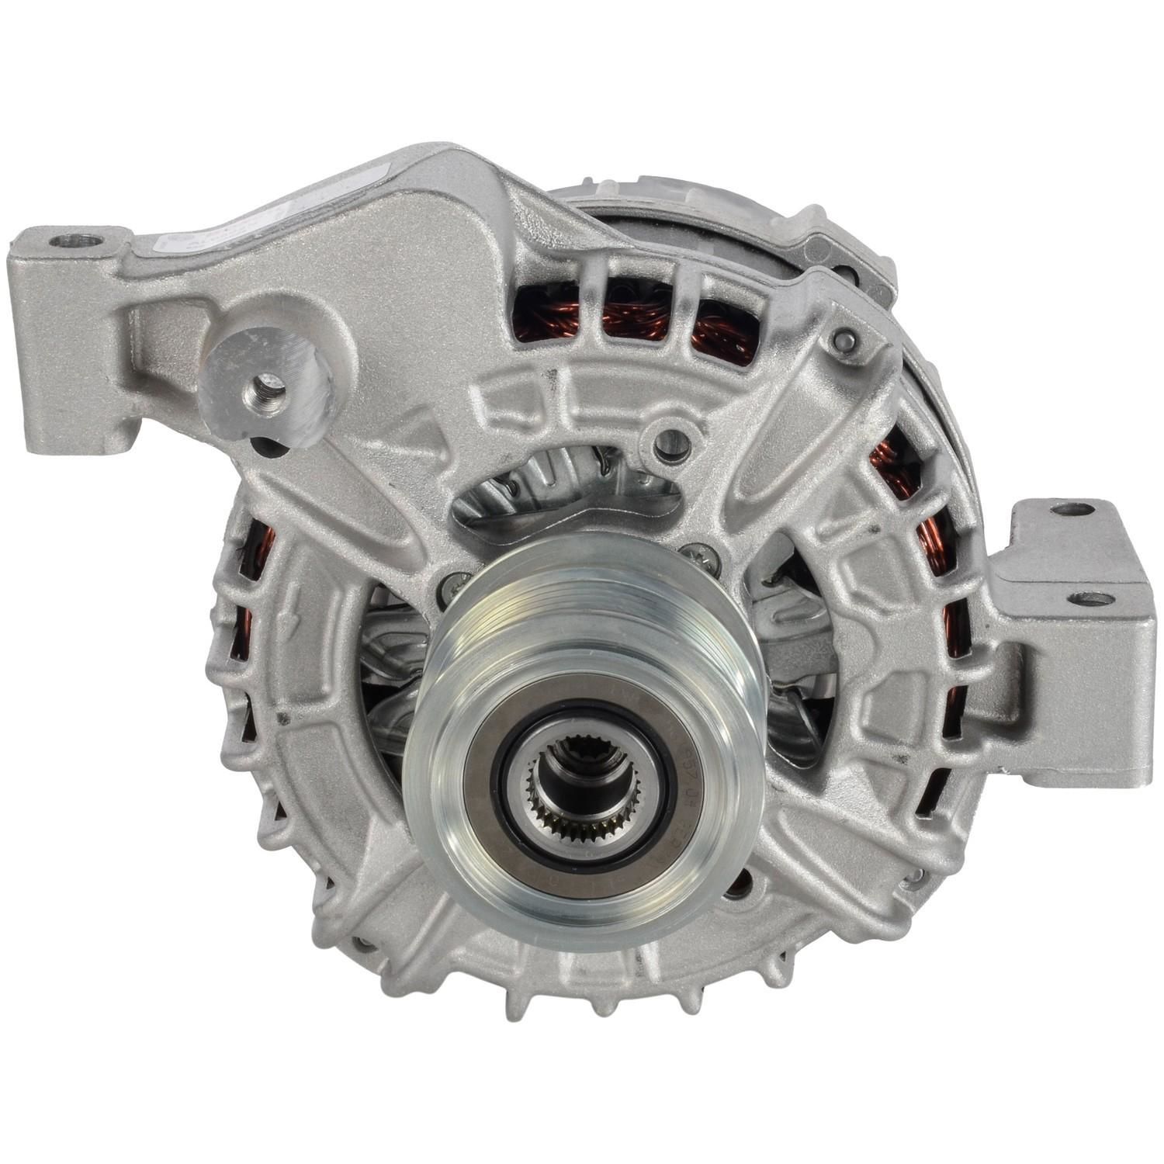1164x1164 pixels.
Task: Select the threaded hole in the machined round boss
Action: tap(265, 383)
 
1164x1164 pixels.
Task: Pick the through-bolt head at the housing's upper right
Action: tap(845, 340)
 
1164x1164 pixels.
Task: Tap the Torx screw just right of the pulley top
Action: tap(692, 552)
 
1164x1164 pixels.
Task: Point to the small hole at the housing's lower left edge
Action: tap(362, 944)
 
